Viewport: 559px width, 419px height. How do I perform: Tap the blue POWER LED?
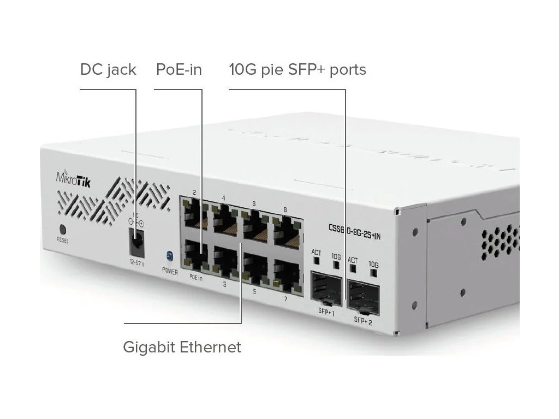(169, 255)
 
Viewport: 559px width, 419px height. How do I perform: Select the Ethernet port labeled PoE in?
(196, 256)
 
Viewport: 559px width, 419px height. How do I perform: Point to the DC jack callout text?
(108, 70)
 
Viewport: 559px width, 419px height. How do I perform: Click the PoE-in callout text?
(179, 70)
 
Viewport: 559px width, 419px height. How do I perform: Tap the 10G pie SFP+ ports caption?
(298, 70)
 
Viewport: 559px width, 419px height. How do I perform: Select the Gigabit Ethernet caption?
(182, 347)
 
